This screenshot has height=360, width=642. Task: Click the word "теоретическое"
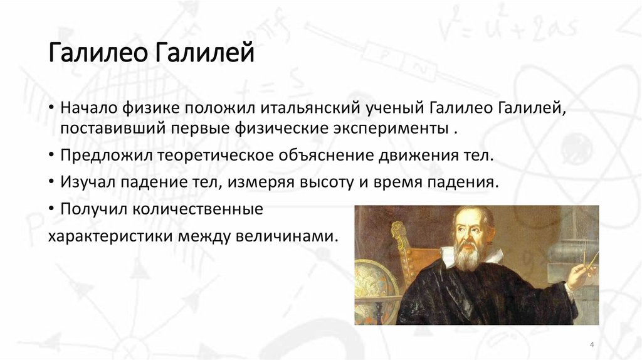pyautogui.click(x=209, y=155)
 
